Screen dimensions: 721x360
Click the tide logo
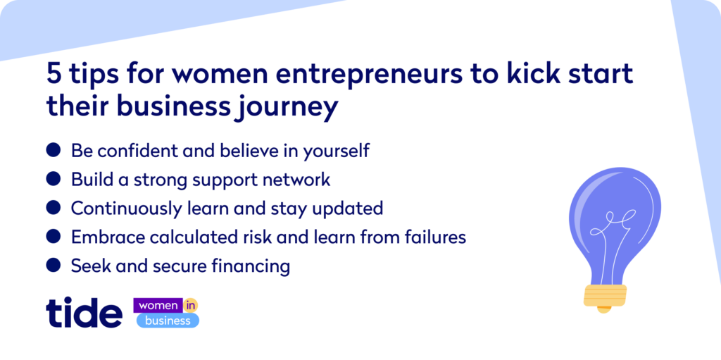click(x=84, y=313)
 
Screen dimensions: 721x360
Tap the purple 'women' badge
click(x=158, y=305)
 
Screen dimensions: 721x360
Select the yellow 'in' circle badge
click(x=190, y=305)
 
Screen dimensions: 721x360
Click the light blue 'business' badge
click(x=168, y=321)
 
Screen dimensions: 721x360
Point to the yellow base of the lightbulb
click(x=605, y=296)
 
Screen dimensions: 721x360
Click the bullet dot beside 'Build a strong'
click(x=54, y=178)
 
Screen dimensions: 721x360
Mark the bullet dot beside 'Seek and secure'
click(x=54, y=264)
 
